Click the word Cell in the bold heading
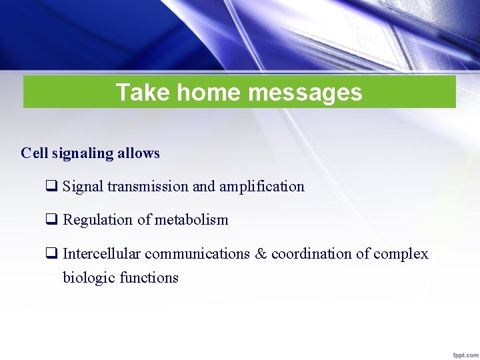tap(34, 153)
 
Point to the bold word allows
tap(139, 153)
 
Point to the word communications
tap(197, 254)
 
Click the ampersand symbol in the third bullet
tap(260, 254)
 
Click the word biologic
tap(89, 277)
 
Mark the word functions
tap(149, 277)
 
